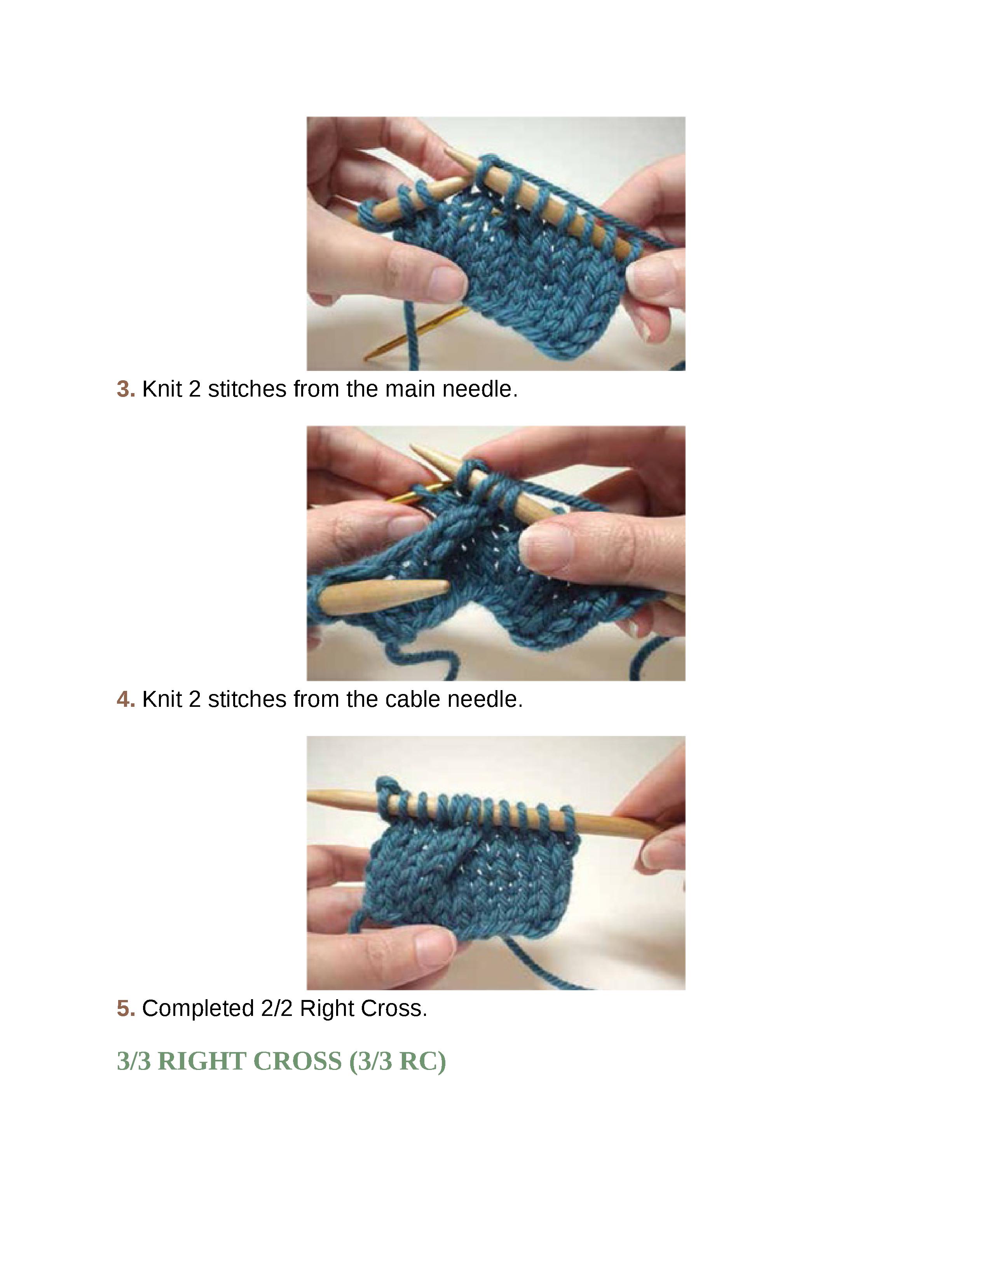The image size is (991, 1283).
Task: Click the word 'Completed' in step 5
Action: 198,1009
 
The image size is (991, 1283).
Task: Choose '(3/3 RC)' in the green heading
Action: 398,1061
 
